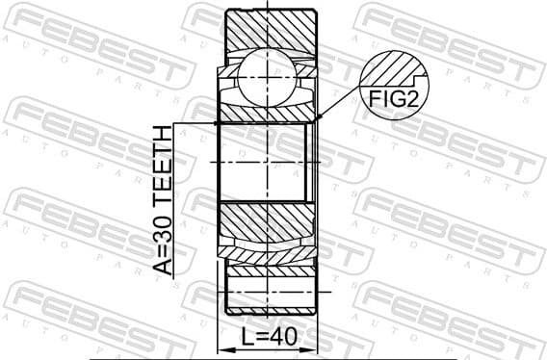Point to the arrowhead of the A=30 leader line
pyautogui.click(x=217, y=123)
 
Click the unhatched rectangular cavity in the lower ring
pyautogui.click(x=271, y=286)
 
